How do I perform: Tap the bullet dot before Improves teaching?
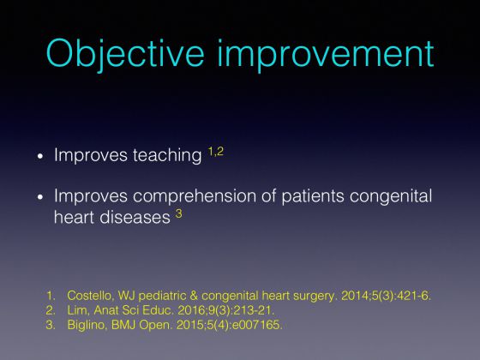[40, 156]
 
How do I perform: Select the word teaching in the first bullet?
[167, 155]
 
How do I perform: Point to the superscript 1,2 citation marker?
[216, 152]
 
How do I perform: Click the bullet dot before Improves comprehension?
[40, 197]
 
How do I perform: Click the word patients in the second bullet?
[313, 196]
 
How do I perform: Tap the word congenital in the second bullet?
[391, 196]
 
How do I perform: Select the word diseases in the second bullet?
[135, 217]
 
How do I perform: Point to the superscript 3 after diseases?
[179, 213]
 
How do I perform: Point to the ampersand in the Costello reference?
[194, 296]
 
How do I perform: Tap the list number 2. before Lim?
[51, 310]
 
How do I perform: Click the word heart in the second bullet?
[74, 217]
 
